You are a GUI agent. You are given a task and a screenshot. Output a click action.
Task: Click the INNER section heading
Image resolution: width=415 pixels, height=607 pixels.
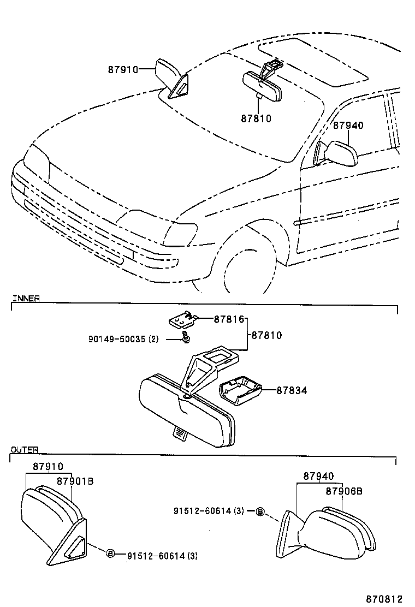[26, 298]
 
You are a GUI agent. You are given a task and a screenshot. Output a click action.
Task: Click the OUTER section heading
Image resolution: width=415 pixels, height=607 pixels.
[25, 449]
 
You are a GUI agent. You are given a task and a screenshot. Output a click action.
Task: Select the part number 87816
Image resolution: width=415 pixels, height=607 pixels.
[229, 319]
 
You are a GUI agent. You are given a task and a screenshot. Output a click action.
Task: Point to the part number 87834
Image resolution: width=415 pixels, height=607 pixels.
[292, 390]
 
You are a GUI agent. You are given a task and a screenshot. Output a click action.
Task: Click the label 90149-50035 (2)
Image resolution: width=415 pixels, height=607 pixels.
[123, 339]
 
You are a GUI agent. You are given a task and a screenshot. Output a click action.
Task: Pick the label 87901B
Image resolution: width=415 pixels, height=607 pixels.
[75, 481]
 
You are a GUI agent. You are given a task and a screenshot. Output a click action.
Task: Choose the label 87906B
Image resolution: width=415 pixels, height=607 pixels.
[344, 491]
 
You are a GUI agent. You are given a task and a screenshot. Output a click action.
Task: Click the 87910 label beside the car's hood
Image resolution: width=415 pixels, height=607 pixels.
[123, 69]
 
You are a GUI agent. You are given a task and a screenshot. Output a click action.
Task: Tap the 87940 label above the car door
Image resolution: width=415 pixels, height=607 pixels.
[348, 126]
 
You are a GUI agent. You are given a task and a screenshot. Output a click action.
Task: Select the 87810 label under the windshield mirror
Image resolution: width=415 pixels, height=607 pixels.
[256, 118]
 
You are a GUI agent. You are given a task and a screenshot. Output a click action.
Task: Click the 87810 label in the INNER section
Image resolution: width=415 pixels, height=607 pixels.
[266, 335]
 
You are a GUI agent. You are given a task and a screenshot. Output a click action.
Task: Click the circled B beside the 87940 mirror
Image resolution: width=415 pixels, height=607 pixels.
[260, 511]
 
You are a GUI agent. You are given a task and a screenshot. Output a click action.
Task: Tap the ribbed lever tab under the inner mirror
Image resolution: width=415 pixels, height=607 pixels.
[180, 434]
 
